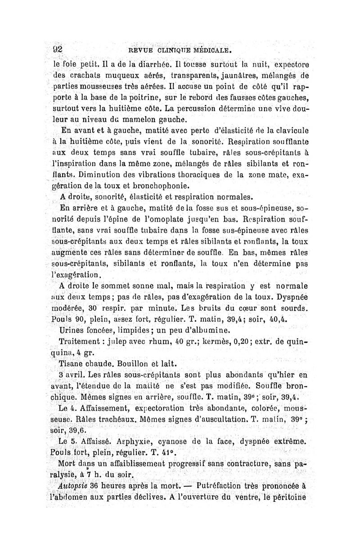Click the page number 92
[55, 48]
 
